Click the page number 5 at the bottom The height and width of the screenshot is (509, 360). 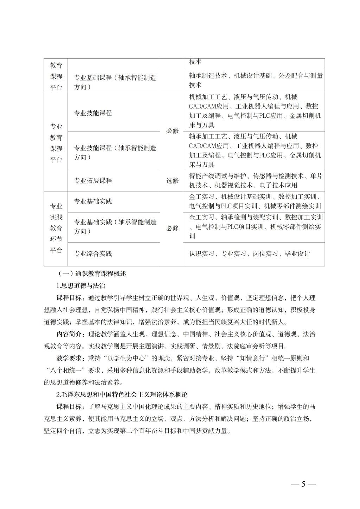(x=303, y=484)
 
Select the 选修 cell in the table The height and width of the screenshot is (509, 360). (x=172, y=181)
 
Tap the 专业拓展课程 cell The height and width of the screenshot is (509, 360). (x=93, y=181)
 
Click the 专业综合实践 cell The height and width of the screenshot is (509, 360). (x=93, y=253)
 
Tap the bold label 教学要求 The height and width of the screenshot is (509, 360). (x=69, y=358)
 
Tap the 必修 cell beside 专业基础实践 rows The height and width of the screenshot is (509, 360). (x=172, y=228)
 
